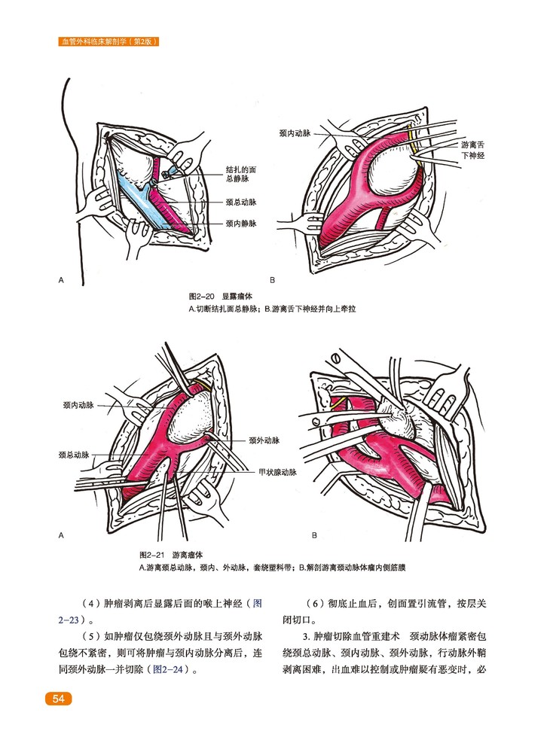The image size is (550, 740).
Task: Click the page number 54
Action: point(58,699)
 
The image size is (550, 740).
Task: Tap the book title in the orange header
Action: point(107,42)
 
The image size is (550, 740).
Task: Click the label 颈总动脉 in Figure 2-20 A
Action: point(241,202)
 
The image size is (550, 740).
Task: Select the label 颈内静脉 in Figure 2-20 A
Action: point(241,224)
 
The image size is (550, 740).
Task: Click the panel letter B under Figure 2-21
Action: point(314,536)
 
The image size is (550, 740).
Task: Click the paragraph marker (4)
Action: point(90,604)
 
